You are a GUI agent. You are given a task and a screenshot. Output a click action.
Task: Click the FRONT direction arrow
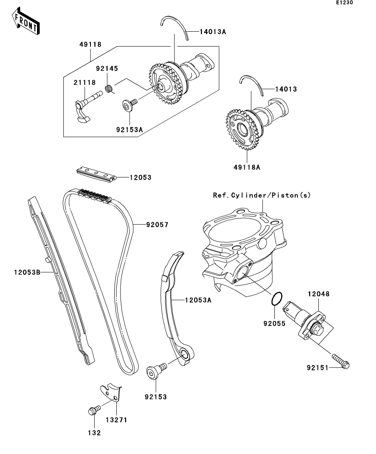[x=26, y=24]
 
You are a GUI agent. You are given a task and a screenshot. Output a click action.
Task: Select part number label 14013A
[x=213, y=31]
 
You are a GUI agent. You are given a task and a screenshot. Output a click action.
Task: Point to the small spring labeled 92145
[x=110, y=88]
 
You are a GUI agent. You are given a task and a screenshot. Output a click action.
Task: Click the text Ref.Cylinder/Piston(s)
[x=262, y=195]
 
